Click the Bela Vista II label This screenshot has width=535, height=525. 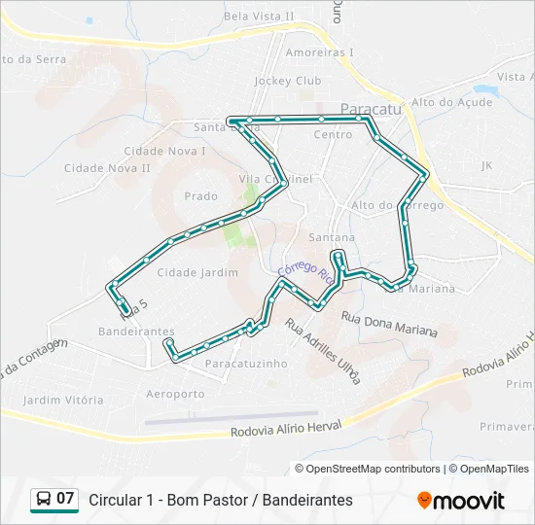[259, 16]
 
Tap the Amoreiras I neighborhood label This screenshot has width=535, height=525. [320, 52]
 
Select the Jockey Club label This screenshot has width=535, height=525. [287, 81]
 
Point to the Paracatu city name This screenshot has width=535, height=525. [371, 111]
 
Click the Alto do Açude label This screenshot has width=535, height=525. [451, 102]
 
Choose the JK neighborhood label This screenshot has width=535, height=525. [487, 165]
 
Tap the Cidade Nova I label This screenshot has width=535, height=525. [164, 151]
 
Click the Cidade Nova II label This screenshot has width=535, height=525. [107, 168]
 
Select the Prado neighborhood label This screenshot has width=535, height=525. [201, 196]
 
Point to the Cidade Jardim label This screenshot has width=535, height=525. [197, 272]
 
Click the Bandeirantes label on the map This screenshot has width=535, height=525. [136, 332]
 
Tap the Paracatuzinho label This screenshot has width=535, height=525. [246, 363]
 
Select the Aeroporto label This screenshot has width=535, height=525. [175, 394]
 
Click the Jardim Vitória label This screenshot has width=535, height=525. [63, 400]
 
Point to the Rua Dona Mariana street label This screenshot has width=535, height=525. [389, 324]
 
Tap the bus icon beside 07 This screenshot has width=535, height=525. [44, 499]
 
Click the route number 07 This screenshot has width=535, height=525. [65, 499]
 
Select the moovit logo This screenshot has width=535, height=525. [461, 500]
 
